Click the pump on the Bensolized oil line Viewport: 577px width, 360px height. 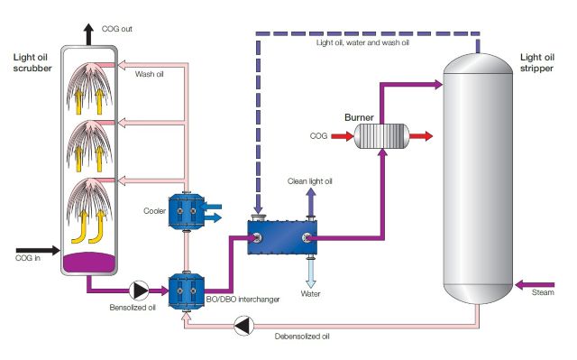point(141,290)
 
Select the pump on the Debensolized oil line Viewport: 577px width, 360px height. point(242,328)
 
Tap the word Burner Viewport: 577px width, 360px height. point(360,117)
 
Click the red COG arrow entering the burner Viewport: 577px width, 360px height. point(340,137)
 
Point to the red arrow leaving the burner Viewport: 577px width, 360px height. point(420,137)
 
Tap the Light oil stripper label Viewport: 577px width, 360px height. point(539,62)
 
